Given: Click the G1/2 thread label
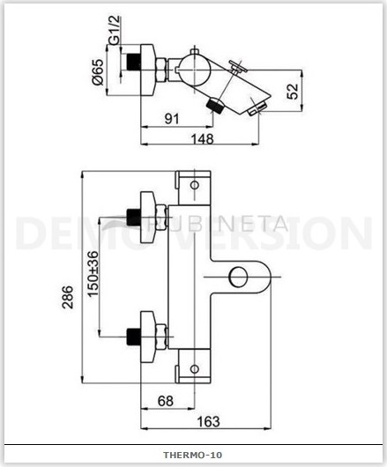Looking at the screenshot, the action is coord(115,30).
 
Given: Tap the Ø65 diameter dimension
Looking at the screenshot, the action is coord(98,71).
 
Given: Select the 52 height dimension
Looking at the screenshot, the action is coord(293,91).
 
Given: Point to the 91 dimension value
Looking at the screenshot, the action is coord(172,119).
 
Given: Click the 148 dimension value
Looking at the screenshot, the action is coord(202,139).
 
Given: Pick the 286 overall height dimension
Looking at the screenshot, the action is coord(67,297).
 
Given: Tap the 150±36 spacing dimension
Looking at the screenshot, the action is coord(93,273).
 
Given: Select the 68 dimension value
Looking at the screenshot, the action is coord(166,401).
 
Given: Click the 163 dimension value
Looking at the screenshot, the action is coord(209,421).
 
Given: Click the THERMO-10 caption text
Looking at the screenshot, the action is coord(192,455).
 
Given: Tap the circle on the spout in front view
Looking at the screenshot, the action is coord(238,277).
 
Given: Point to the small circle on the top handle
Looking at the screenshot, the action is coord(195,185).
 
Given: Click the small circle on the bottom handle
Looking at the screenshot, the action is coord(195,369).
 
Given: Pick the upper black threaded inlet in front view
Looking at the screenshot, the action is coord(133,218).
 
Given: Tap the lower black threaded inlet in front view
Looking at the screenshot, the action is coord(133,337).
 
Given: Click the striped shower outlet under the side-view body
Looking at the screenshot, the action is coord(214,106).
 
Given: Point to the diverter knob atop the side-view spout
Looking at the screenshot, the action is coord(238,67).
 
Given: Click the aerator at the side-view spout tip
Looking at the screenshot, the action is coord(257,107).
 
